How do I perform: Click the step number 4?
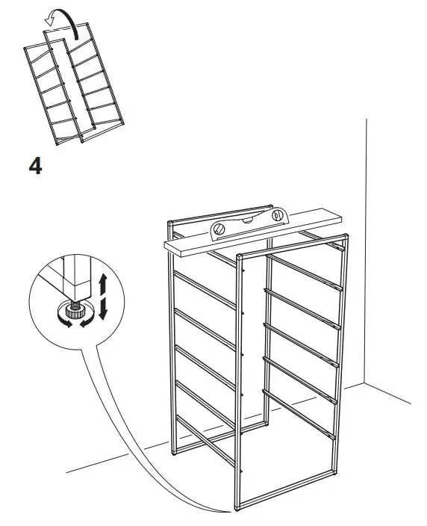[x=34, y=165]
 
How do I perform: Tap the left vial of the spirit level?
[x=221, y=229]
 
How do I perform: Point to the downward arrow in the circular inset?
[x=104, y=305]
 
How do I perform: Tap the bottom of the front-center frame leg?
[x=240, y=508]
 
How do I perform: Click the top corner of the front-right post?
[x=348, y=238]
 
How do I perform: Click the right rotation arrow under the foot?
[x=87, y=321]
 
